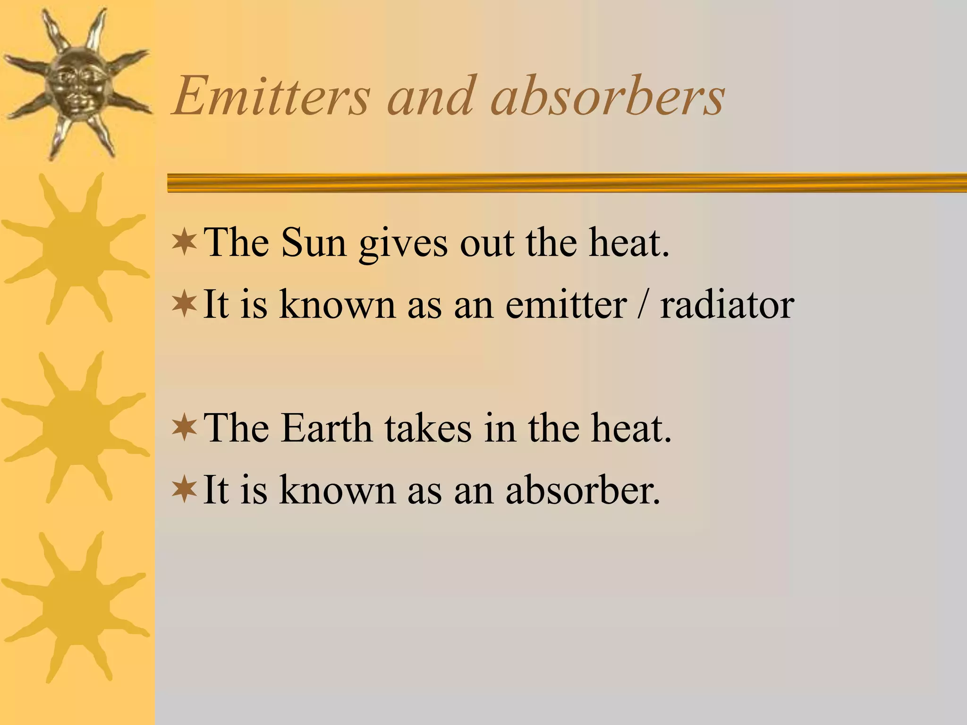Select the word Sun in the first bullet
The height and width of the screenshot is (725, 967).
(314, 243)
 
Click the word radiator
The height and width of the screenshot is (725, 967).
(727, 304)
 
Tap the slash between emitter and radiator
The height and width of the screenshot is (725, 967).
(643, 304)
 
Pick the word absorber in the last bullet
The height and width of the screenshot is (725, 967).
(583, 489)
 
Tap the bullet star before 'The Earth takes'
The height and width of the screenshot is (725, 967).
(185, 427)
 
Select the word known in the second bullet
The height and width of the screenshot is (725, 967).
(337, 304)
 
